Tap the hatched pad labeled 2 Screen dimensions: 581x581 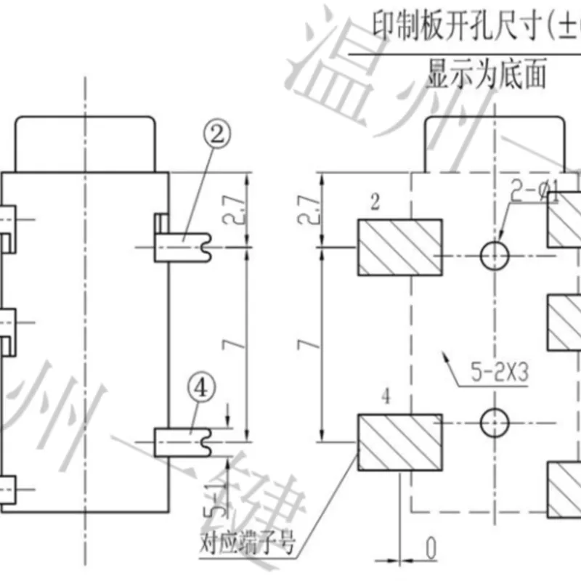click(399, 249)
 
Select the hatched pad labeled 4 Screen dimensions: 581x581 click(399, 442)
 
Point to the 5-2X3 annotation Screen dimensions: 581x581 click(497, 373)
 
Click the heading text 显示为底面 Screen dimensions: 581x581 click(486, 76)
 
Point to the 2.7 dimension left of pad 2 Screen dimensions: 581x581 click(309, 211)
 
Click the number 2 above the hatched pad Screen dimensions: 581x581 click(374, 204)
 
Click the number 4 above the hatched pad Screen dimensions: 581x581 click(385, 397)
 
